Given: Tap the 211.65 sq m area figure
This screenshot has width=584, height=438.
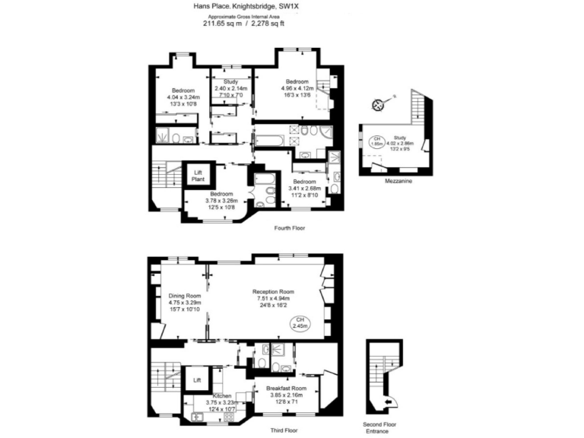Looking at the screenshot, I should [220, 23].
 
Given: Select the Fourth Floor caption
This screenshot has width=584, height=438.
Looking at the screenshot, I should [289, 227].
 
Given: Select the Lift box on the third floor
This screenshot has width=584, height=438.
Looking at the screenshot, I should [197, 379].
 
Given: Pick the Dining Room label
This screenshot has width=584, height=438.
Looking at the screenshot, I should [184, 296].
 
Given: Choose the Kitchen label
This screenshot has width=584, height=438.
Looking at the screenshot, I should [222, 396].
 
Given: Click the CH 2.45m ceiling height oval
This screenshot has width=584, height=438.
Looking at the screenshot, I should [301, 322].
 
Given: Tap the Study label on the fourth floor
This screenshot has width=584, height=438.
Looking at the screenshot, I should [231, 82].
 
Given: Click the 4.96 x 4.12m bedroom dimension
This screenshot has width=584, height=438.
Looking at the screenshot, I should [297, 88].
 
